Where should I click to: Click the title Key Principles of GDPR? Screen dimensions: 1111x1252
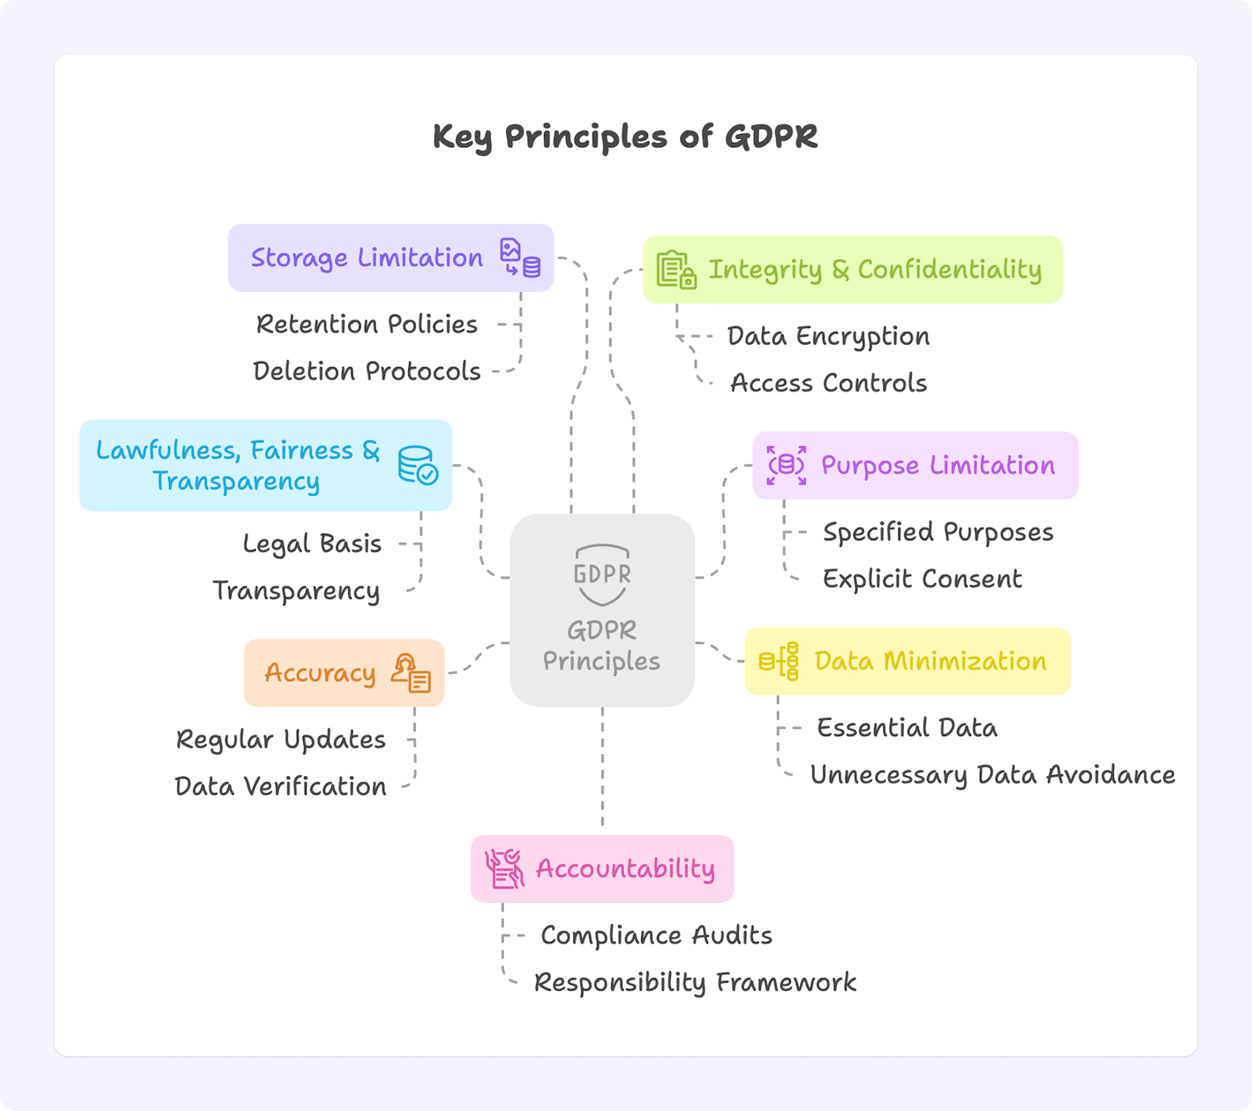point(625,137)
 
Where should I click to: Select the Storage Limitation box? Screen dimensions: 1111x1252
point(391,258)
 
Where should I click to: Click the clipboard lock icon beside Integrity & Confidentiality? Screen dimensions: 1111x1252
point(676,269)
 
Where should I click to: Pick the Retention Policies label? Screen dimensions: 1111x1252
point(367,324)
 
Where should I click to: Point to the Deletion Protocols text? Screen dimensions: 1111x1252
point(367,371)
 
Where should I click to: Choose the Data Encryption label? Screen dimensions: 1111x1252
point(828,336)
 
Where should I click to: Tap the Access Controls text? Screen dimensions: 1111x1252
point(828,383)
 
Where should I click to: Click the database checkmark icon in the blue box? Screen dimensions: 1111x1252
point(418,465)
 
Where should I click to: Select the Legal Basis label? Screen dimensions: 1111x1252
point(312,544)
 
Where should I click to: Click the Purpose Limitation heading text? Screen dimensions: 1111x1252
point(938,465)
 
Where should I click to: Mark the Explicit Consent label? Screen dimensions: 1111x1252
point(922,579)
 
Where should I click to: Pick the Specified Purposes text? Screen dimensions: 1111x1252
point(938,532)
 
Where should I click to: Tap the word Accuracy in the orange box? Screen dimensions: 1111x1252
point(320,673)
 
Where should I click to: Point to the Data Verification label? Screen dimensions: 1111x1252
point(280,787)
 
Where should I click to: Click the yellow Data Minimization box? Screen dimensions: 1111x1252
point(907,661)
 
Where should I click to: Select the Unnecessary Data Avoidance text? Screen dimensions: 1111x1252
point(992,775)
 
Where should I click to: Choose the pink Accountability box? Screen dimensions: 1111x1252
point(602,869)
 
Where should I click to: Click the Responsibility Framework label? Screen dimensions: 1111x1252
point(695,982)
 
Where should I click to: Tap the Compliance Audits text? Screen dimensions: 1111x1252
point(656,936)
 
